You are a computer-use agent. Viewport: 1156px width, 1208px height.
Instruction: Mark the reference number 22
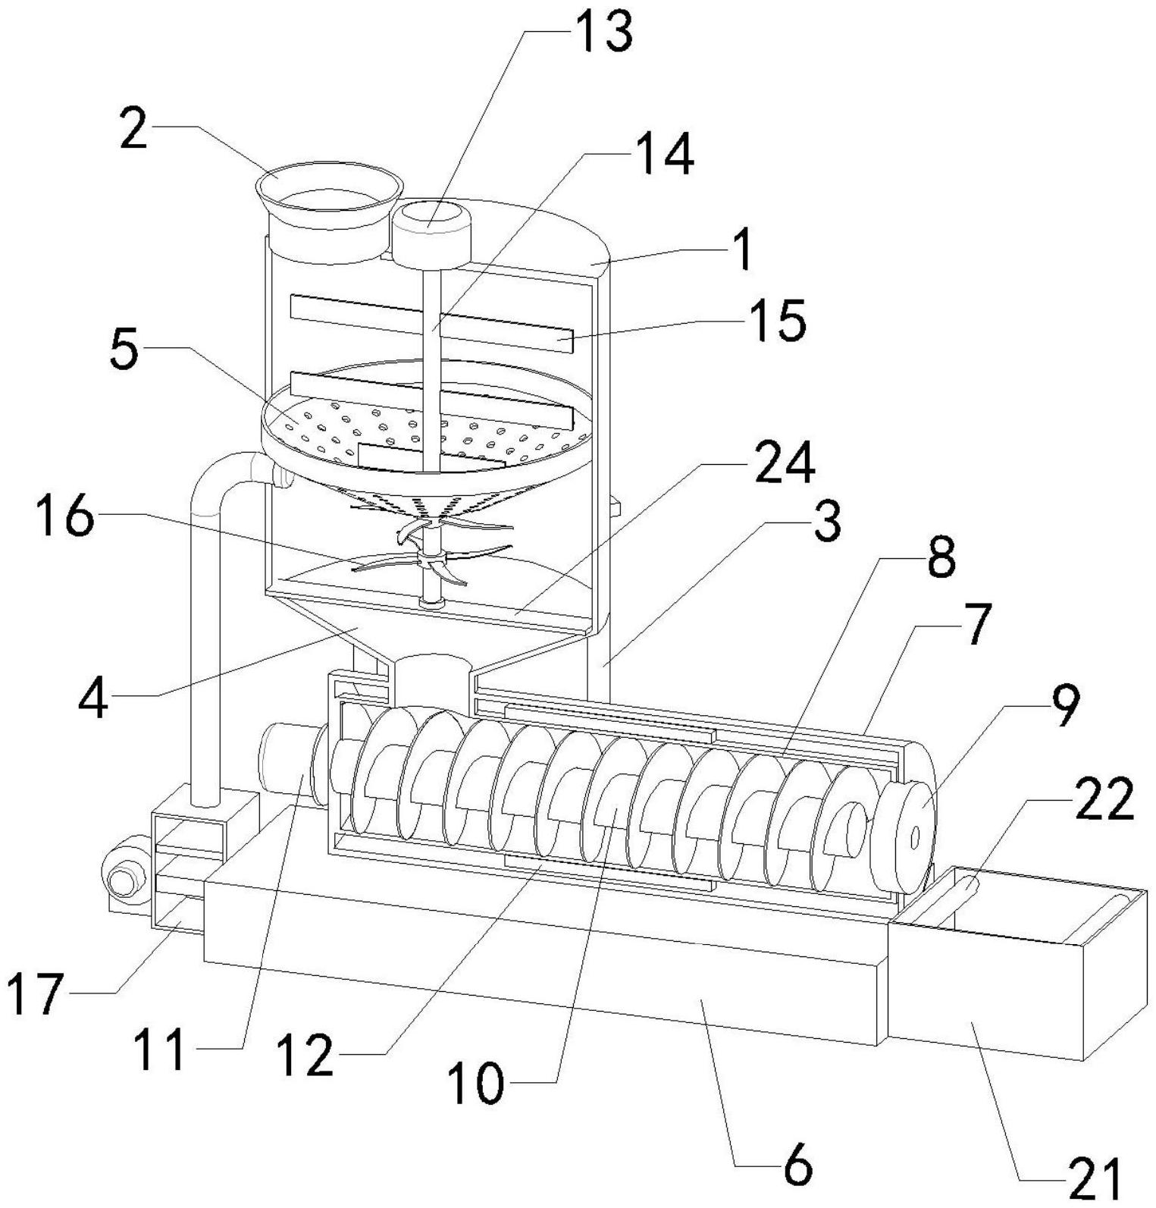point(1103,801)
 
